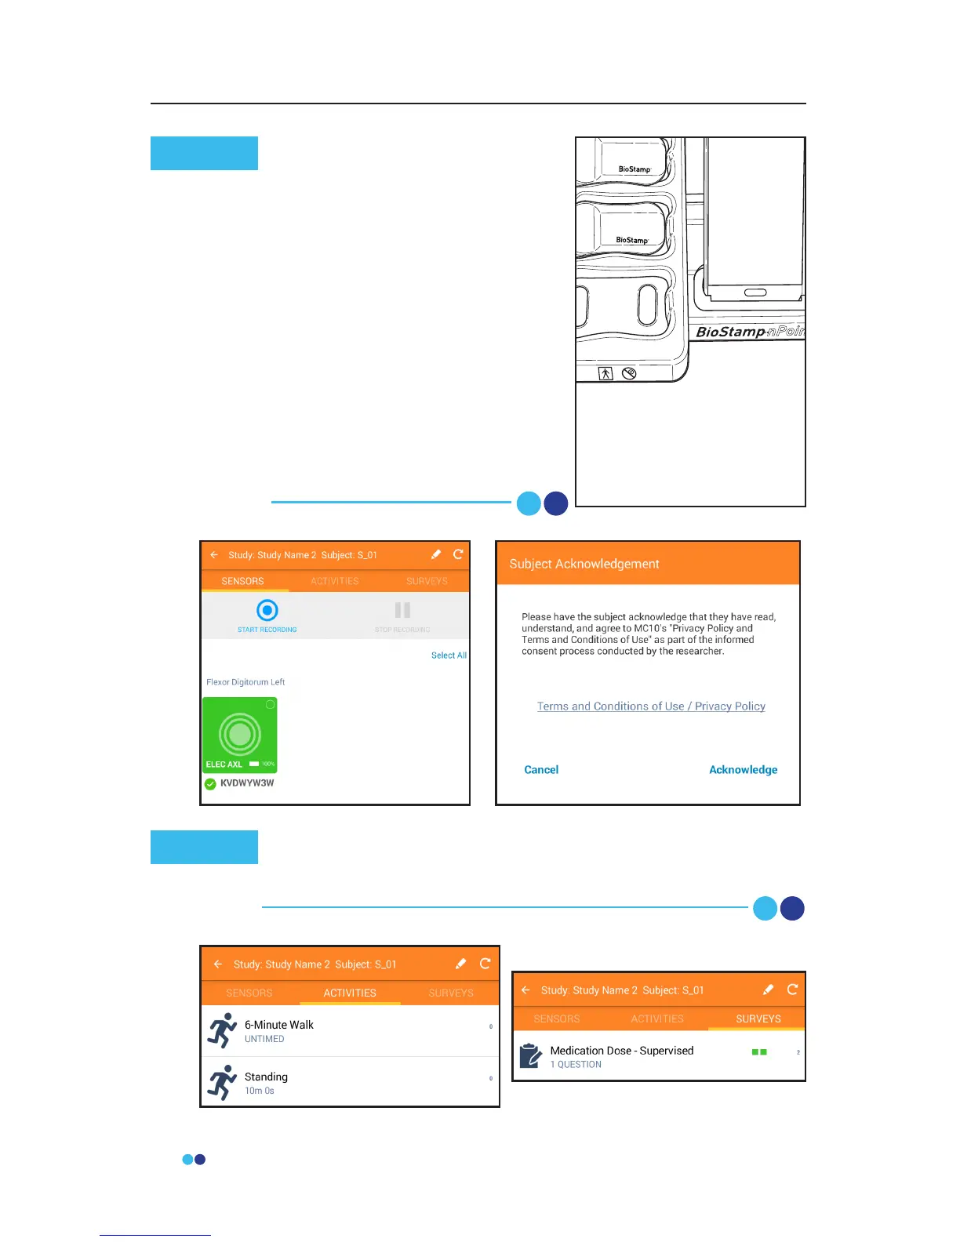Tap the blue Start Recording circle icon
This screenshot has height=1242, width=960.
pos(267,610)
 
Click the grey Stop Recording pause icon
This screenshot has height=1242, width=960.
pos(402,610)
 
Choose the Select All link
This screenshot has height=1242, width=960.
pos(449,655)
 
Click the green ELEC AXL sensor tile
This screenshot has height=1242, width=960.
pos(240,734)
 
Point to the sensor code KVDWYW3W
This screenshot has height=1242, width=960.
pos(247,783)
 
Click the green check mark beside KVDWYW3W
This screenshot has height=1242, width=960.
pos(210,784)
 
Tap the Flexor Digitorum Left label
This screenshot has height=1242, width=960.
pos(245,682)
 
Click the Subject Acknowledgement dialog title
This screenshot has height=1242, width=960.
pos(584,564)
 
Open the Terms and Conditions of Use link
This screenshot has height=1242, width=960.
pos(610,706)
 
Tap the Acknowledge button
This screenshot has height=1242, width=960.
pos(743,770)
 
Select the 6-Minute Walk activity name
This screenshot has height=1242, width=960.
pos(278,1025)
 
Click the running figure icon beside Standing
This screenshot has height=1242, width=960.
pos(222,1082)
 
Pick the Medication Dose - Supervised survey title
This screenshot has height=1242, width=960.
pos(622,1051)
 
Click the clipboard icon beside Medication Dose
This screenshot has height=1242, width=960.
pos(531,1055)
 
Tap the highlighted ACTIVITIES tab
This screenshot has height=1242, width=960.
pos(350,993)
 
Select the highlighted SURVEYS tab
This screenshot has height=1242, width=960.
pos(758,1019)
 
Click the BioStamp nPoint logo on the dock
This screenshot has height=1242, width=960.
pos(749,332)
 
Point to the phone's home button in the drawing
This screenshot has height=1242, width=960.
pos(755,292)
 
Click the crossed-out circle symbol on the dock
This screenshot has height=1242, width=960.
pos(629,373)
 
